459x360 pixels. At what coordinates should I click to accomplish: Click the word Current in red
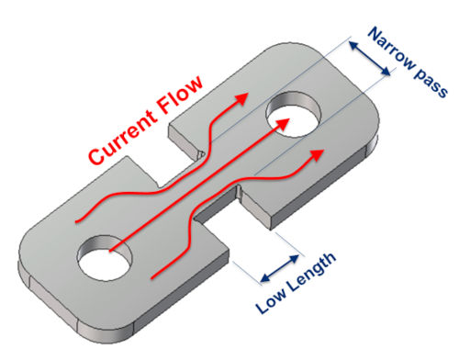point(122,136)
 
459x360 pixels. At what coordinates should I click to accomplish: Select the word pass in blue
point(431,84)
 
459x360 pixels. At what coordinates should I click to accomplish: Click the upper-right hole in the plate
point(293,113)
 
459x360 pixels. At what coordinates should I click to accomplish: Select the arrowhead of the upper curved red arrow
point(241,99)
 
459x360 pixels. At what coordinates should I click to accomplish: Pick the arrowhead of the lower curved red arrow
point(317,154)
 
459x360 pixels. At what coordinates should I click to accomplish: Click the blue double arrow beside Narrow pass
point(370,59)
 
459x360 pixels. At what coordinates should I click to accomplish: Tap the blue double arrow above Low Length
point(280,268)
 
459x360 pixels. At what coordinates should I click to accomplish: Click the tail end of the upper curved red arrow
point(76,221)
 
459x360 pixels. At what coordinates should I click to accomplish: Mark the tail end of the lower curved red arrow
point(152,278)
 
